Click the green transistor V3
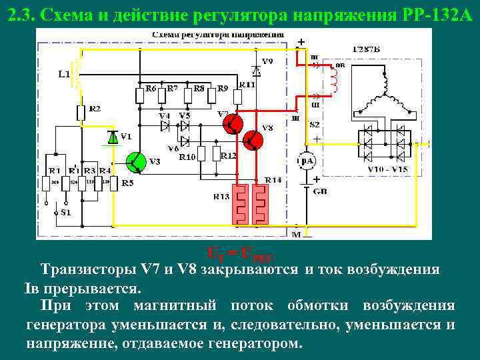tap(136, 161)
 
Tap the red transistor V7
tap(233, 124)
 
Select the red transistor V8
tap(253, 140)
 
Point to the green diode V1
tap(113, 137)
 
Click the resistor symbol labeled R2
tap(81, 113)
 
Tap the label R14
tap(273, 180)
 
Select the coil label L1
tap(64, 74)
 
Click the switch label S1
tap(64, 213)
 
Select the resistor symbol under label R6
tap(140, 96)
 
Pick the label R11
tap(247, 85)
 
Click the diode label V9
tap(267, 61)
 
